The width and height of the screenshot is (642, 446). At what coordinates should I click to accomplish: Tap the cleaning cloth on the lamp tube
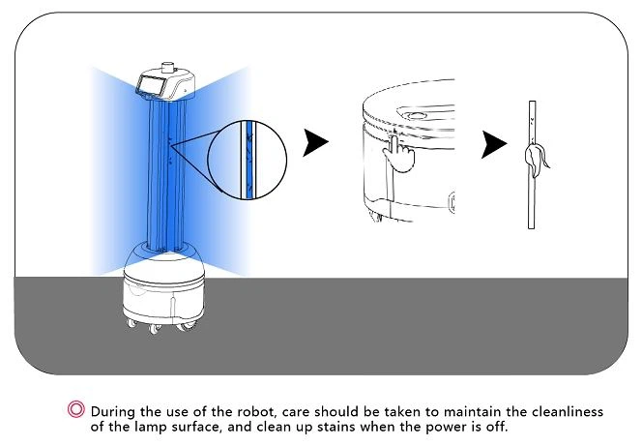(x=535, y=158)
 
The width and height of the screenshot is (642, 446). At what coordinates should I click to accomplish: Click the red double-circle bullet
(x=75, y=408)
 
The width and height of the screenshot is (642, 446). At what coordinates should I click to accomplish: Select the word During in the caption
(x=114, y=411)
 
